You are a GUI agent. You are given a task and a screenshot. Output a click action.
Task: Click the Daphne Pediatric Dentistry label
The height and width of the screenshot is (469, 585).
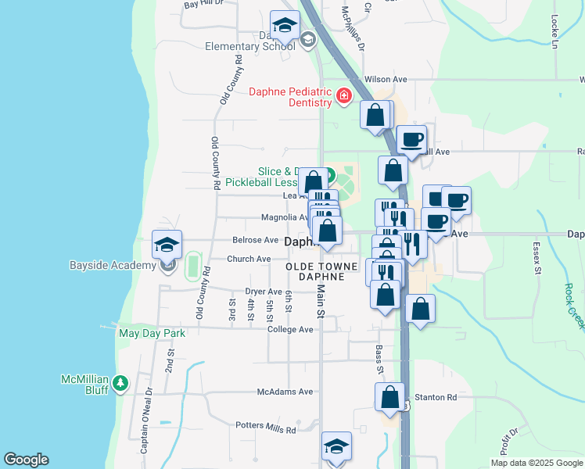click(289, 97)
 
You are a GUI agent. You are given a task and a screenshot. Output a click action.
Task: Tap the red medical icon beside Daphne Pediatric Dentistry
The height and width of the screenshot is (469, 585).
click(343, 96)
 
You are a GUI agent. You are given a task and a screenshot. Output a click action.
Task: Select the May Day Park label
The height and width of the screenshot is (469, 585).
click(152, 333)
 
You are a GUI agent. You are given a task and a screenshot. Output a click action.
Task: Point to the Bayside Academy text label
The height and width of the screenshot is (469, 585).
click(122, 266)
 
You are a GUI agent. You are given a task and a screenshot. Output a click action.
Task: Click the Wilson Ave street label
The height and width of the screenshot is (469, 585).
click(386, 80)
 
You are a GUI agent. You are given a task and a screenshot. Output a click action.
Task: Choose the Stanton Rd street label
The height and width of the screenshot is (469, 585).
click(436, 398)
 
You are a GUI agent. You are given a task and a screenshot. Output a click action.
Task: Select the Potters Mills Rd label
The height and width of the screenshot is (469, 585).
click(266, 428)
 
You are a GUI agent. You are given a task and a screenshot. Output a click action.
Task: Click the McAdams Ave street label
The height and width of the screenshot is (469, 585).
click(285, 392)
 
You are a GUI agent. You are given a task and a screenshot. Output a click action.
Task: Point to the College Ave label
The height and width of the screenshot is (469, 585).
click(290, 330)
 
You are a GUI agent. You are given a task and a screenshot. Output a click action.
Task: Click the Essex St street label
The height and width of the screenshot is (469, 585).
click(537, 257)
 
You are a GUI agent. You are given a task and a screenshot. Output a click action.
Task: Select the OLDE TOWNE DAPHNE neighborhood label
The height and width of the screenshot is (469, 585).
click(321, 272)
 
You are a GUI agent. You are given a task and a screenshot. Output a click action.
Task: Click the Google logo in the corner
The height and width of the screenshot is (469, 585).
click(26, 460)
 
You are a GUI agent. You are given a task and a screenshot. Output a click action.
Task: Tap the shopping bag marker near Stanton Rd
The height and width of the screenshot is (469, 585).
click(389, 397)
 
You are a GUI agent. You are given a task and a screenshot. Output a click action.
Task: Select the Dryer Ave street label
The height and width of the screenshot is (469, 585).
click(263, 291)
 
